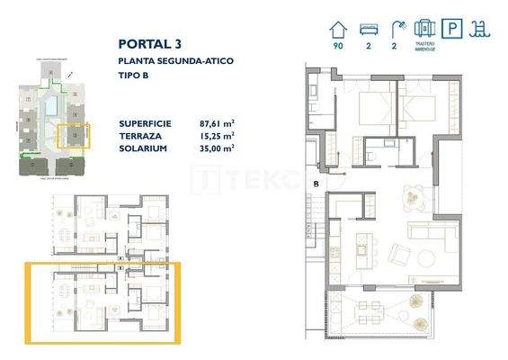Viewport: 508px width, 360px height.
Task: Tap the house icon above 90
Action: [339, 28]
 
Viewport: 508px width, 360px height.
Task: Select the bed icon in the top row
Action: [367, 29]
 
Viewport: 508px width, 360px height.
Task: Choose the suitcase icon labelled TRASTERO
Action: [425, 28]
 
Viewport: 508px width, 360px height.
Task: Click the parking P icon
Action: [456, 29]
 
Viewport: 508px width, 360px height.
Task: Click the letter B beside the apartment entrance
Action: [316, 185]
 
